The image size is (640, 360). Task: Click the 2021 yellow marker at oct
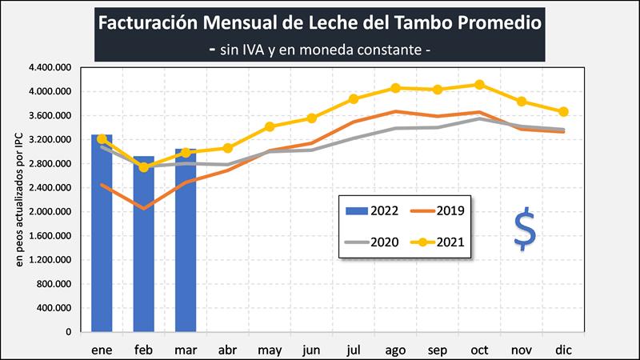click(x=480, y=85)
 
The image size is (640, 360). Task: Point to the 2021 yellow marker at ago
click(x=396, y=88)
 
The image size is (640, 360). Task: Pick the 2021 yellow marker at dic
click(x=563, y=112)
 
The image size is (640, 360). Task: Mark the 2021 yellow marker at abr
click(x=227, y=148)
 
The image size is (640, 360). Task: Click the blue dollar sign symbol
click(x=525, y=230)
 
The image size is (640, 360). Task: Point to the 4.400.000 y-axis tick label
click(x=50, y=68)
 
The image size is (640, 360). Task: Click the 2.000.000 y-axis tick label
click(x=50, y=212)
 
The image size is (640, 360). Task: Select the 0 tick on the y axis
click(x=68, y=332)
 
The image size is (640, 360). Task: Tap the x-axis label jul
click(x=354, y=350)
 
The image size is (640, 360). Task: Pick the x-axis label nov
click(x=522, y=350)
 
